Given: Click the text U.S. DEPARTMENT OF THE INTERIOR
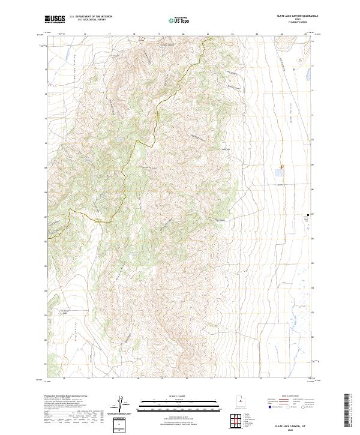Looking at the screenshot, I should [x=91, y=17].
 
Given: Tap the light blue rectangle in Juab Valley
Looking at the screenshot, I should [x=278, y=173].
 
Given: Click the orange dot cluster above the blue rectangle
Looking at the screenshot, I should [x=281, y=167].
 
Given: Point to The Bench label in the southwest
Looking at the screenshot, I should [x=65, y=311].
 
